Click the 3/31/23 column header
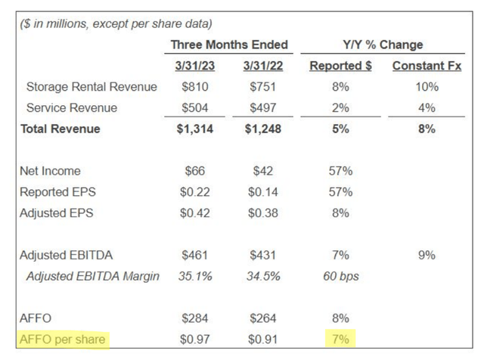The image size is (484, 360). click(195, 66)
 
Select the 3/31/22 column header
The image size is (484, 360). click(263, 66)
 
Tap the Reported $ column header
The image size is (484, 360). click(340, 66)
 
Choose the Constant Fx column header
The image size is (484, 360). click(427, 66)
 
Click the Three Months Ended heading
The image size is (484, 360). click(229, 45)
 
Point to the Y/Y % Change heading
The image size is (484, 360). click(383, 45)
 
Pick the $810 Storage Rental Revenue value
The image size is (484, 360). click(195, 87)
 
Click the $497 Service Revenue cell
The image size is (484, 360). click(263, 107)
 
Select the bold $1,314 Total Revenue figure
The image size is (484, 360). click(195, 129)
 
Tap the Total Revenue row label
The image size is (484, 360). click(60, 129)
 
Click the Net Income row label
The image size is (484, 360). click(50, 171)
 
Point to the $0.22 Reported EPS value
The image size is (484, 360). click(195, 192)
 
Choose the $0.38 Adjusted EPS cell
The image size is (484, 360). click(263, 213)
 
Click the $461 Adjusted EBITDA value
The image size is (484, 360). click(195, 256)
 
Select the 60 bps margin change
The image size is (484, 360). click(341, 276)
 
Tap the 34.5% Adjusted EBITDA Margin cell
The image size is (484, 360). click(263, 276)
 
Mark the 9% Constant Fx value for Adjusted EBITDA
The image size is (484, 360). click(427, 256)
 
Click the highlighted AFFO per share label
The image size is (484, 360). click(63, 340)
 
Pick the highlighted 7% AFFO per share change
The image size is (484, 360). click(340, 340)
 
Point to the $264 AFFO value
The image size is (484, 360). click(263, 318)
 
